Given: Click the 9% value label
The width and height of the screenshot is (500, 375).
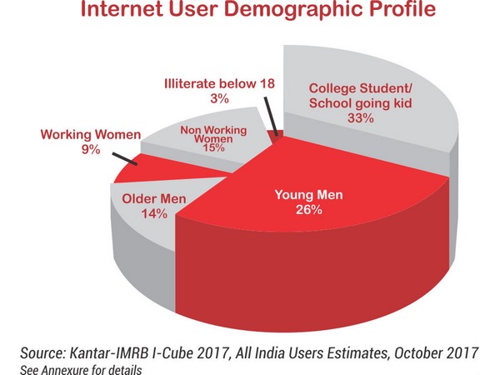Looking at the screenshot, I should point(87,150).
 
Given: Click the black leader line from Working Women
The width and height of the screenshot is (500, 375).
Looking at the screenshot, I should point(122,157).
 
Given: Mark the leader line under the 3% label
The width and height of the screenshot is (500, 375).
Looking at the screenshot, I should point(270,117).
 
